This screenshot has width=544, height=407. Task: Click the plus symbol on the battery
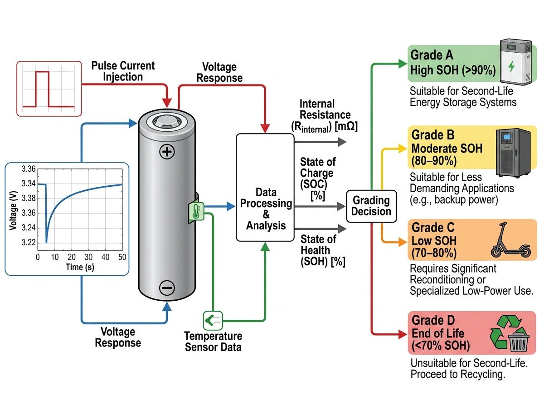point(167,152)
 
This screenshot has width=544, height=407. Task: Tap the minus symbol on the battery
point(167,287)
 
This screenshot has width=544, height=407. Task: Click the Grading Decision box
point(371,206)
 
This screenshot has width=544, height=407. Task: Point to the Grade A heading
point(426,55)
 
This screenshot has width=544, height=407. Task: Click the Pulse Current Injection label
point(123,71)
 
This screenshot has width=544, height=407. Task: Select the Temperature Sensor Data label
point(213,342)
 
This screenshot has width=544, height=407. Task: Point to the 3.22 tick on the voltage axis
point(28,242)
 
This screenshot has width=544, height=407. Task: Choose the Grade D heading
point(432,321)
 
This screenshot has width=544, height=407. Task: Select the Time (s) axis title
point(80,267)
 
